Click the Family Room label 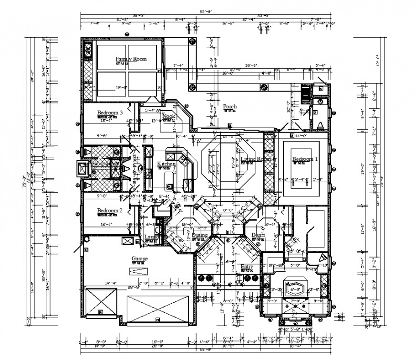131,59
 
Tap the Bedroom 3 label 110,113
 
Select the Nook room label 168,116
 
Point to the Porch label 230,106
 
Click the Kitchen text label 166,164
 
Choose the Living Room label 257,159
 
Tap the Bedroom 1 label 305,159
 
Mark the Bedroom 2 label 110,210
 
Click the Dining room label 200,235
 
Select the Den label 256,235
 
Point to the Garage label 139,258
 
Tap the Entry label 247,267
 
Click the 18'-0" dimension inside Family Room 122,88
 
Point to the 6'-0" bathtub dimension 296,288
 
